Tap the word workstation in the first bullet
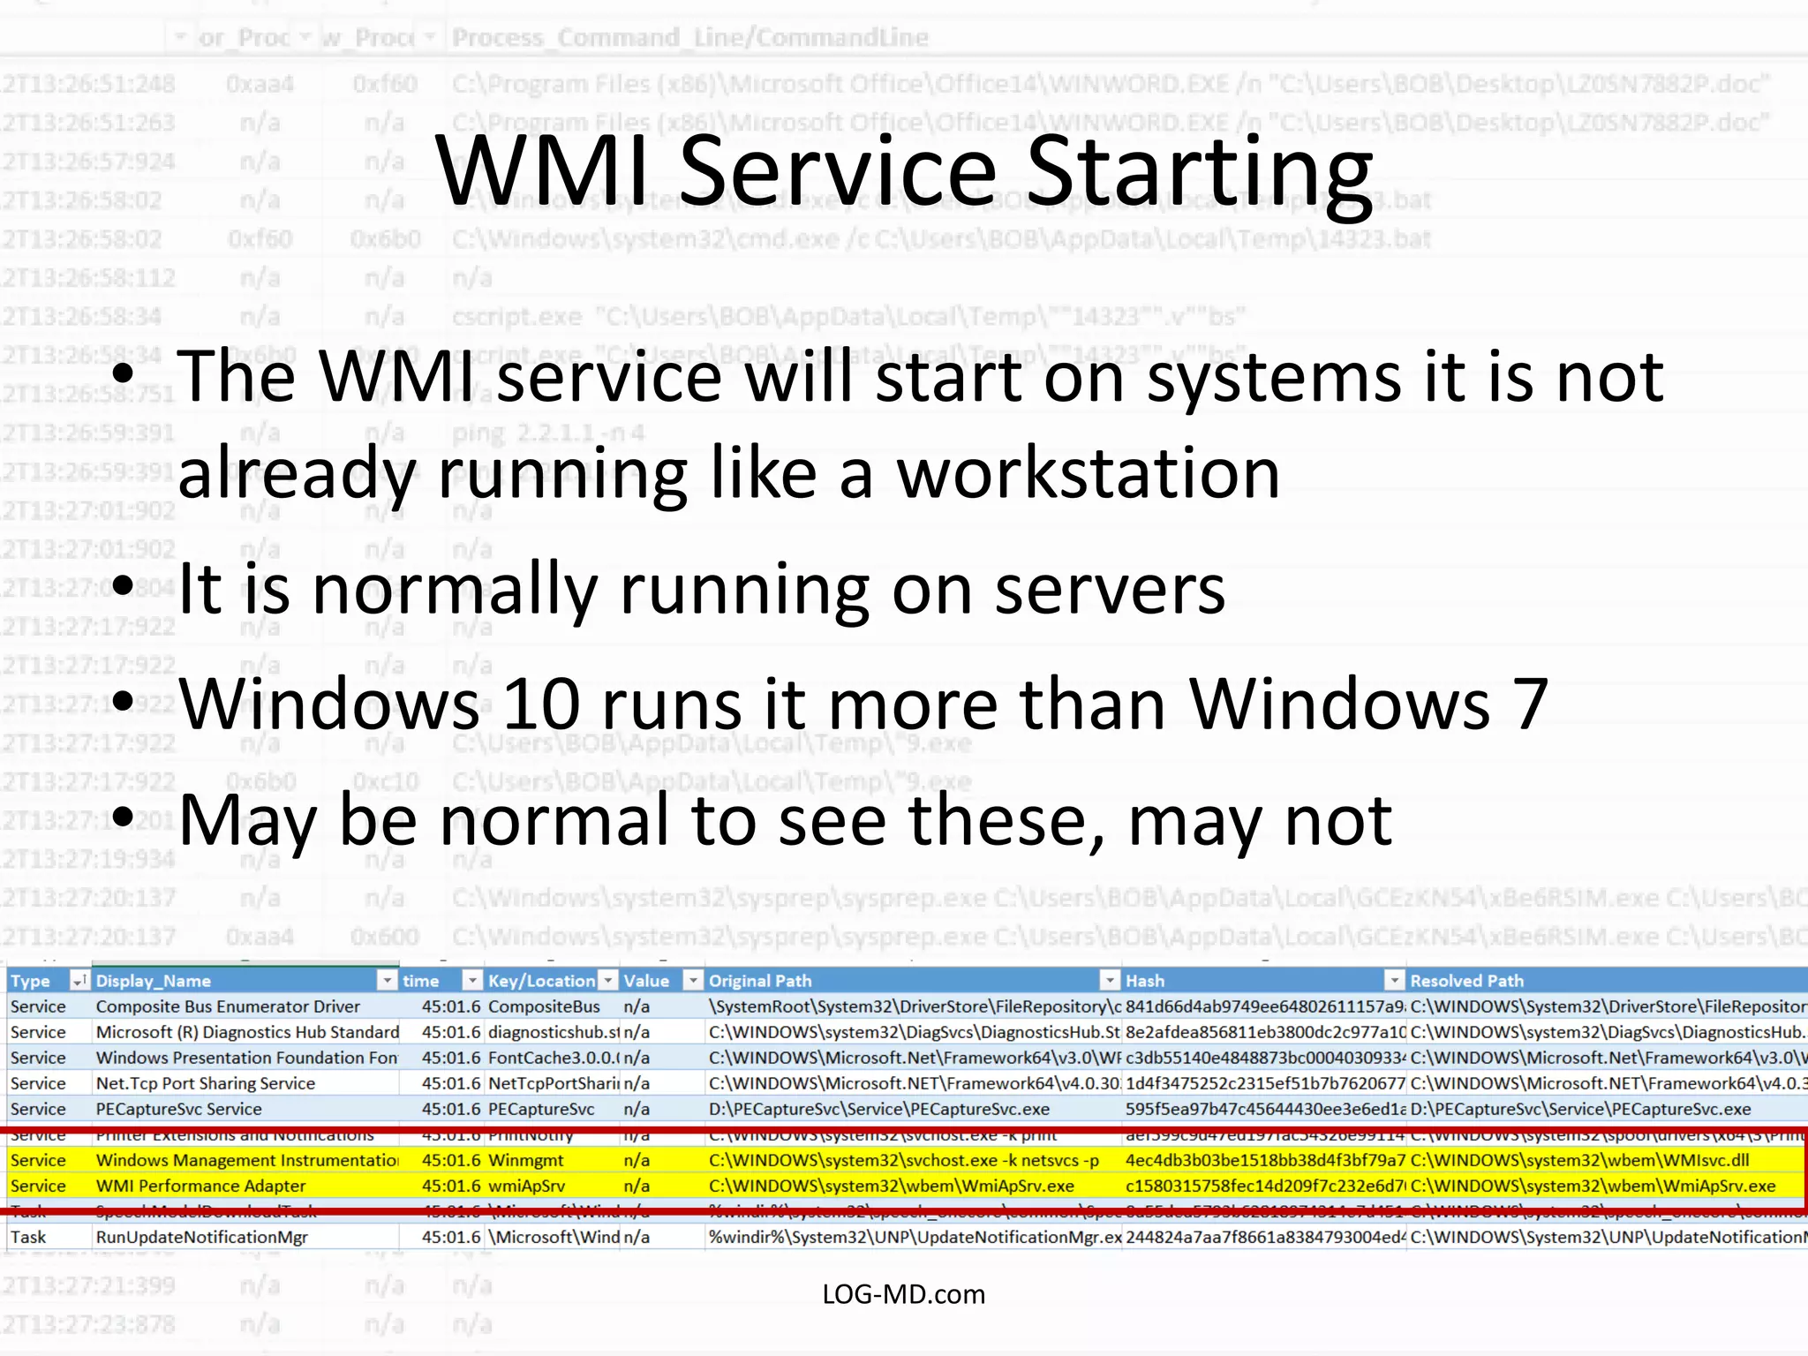pos(1088,474)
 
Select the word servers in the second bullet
pos(1110,590)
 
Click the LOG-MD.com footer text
pos(903,1294)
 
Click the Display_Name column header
pos(153,981)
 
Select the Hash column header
pos(1145,981)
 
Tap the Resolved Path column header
pos(1466,981)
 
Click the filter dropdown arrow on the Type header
pos(79,981)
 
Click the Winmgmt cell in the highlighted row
pos(526,1160)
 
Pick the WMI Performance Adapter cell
pos(200,1186)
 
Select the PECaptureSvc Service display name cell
pos(178,1109)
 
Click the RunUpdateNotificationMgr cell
pos(201,1237)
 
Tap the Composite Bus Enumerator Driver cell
pos(227,1006)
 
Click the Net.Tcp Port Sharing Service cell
pos(205,1083)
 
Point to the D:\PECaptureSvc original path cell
pos(878,1109)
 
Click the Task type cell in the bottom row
pos(28,1237)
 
